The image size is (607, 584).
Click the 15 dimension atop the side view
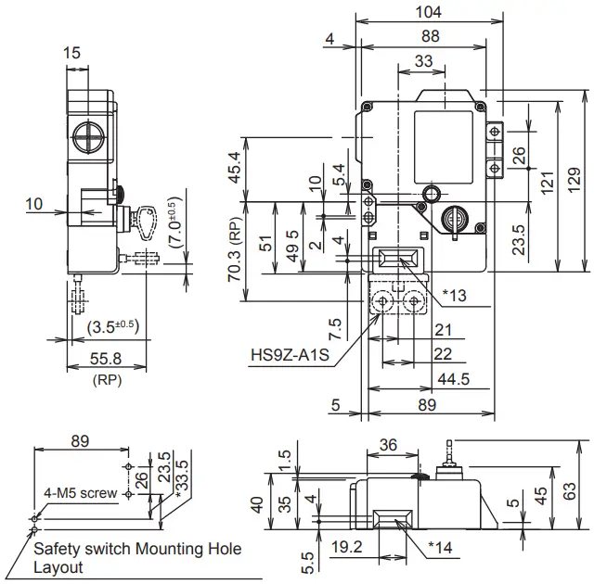tap(72, 54)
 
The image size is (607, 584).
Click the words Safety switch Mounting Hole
tap(137, 549)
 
